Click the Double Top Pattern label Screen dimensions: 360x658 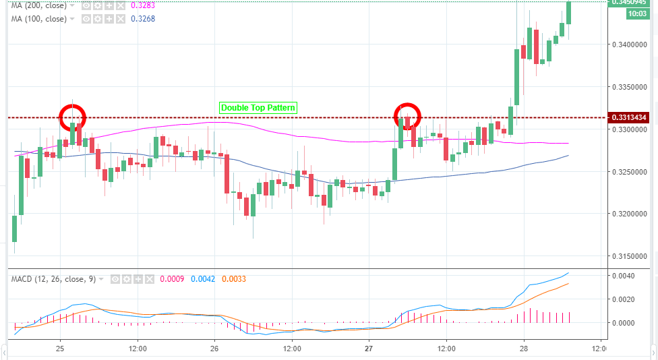258,108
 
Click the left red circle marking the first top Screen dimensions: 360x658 73,117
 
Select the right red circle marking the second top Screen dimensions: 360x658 407,117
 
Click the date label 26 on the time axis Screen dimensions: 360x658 214,349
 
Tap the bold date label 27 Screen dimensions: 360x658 369,349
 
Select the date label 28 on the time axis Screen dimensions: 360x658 524,349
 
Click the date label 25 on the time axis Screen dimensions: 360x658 60,349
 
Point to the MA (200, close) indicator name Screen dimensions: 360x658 39,6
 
